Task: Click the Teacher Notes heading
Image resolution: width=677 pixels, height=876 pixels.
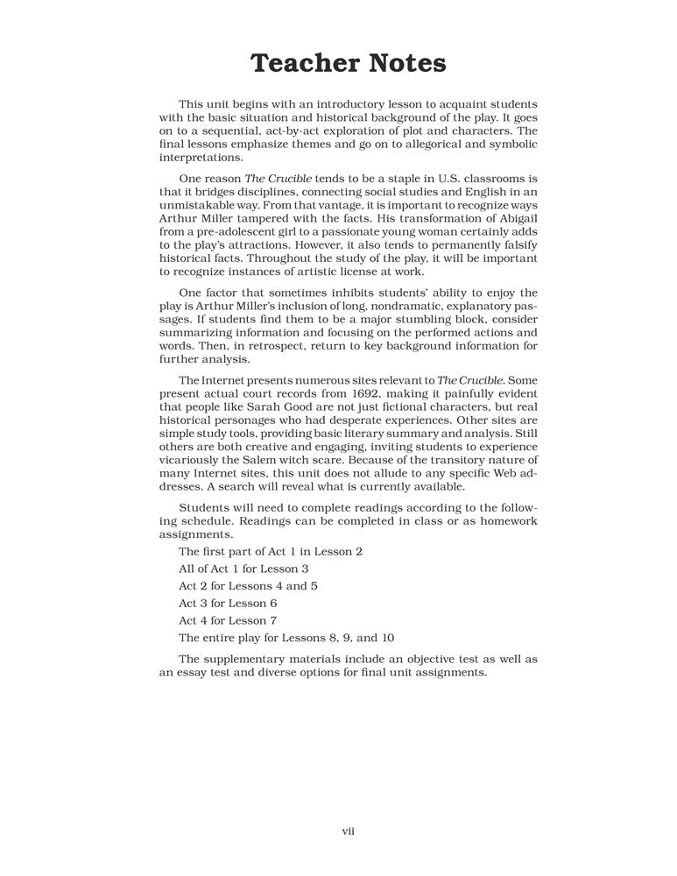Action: click(348, 63)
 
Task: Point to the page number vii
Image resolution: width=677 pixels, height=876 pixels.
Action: click(348, 830)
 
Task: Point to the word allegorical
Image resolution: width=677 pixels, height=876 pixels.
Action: click(427, 144)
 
